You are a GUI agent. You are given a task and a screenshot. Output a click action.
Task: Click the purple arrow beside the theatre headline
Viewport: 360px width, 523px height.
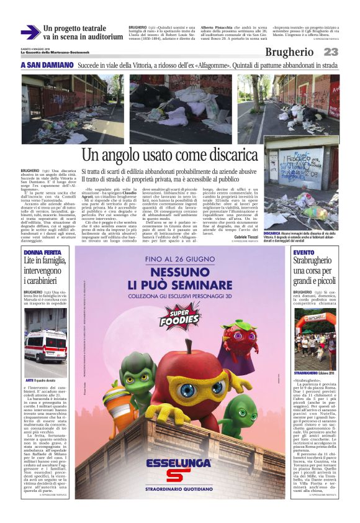click(30, 32)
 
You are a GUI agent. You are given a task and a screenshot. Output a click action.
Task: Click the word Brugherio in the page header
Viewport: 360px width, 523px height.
click(289, 53)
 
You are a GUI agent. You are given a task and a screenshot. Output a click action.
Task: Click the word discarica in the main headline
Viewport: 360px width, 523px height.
click(204, 155)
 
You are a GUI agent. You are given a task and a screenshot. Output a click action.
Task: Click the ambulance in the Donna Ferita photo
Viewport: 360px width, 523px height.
click(45, 345)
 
